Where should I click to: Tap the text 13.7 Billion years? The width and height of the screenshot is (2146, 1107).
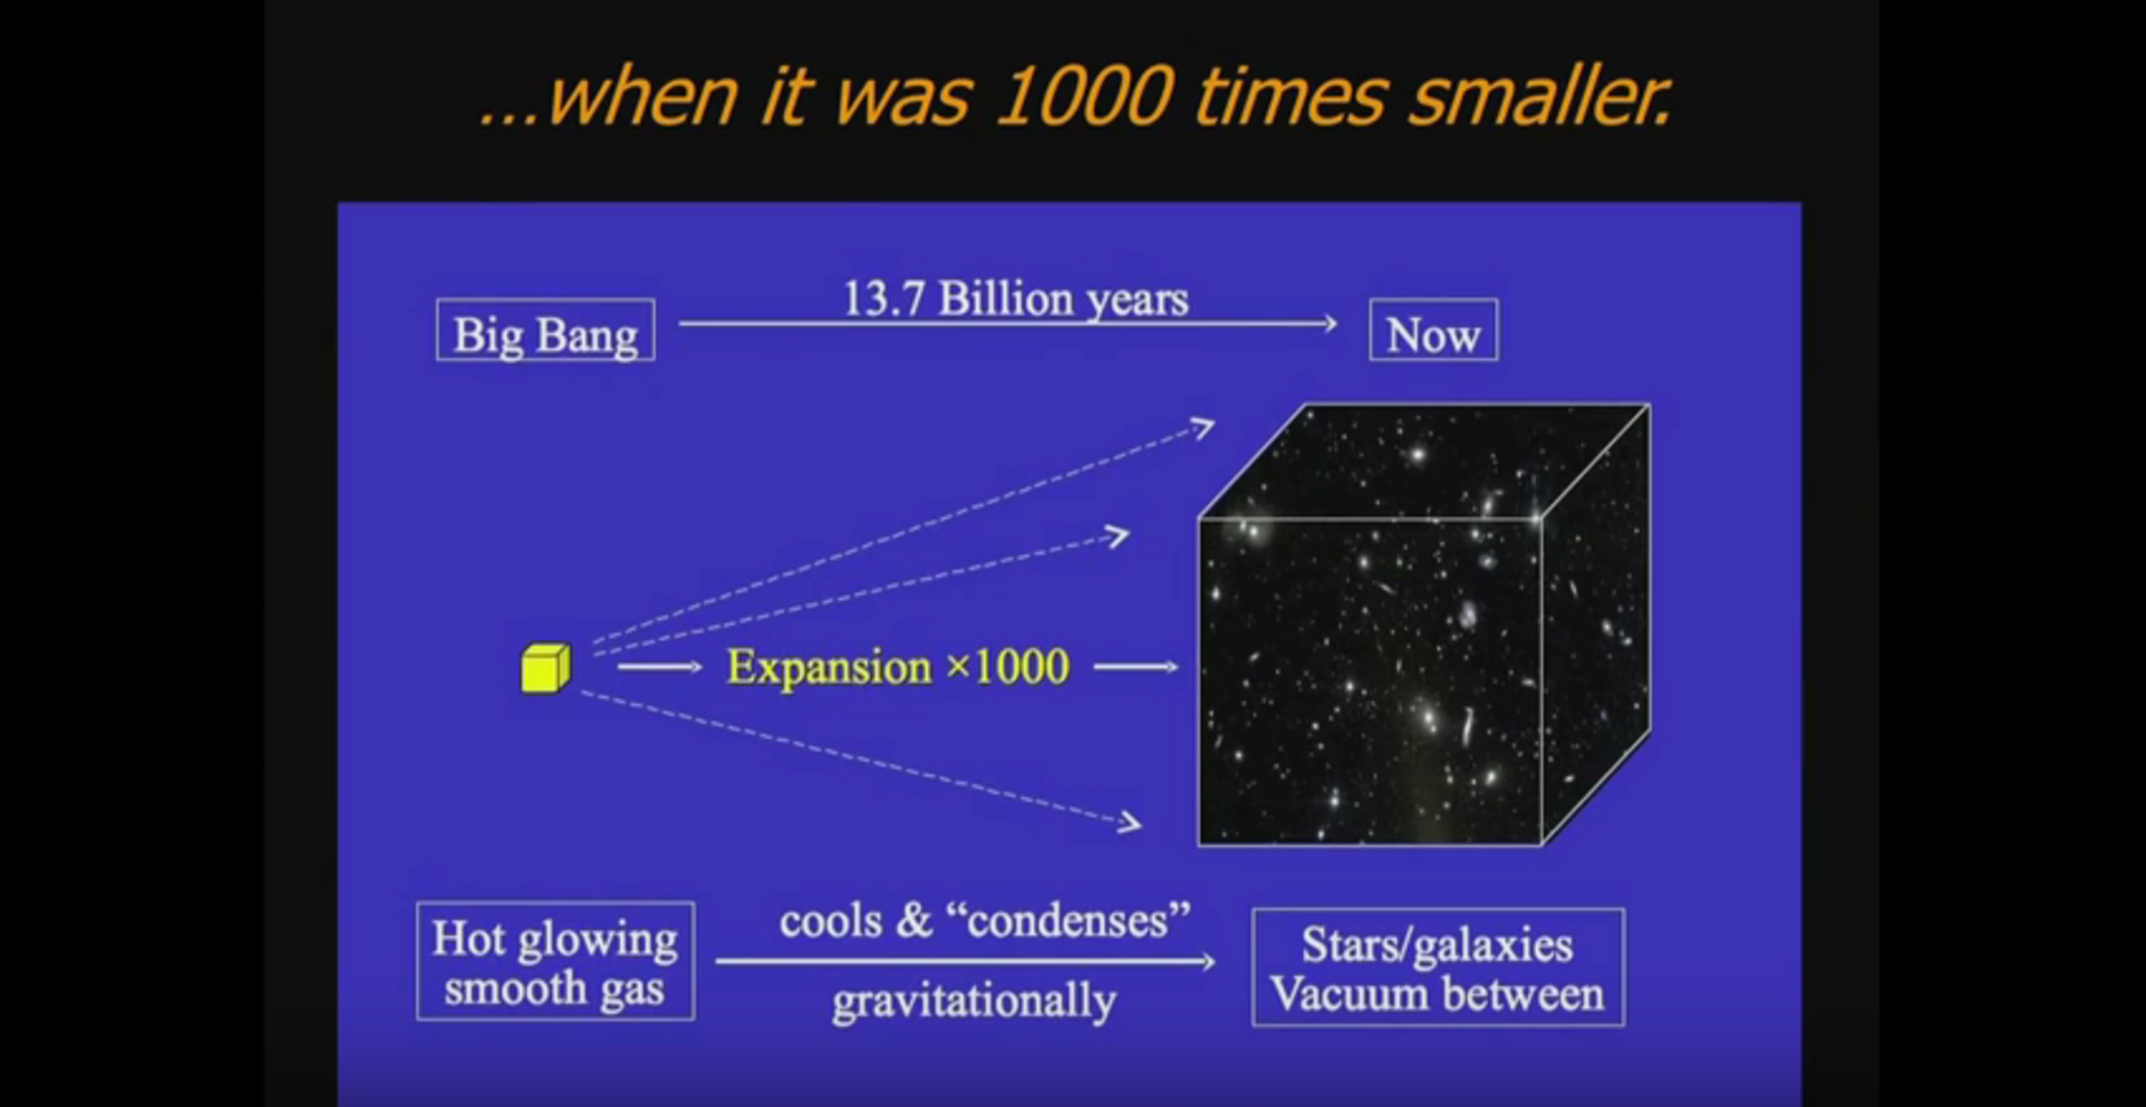(x=1015, y=298)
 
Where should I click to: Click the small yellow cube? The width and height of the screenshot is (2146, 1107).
(x=545, y=668)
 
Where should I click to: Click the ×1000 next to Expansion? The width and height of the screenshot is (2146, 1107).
(x=1008, y=667)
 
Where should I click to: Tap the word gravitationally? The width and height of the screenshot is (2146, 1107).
(x=974, y=1002)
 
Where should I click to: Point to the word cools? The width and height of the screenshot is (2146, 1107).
(x=831, y=921)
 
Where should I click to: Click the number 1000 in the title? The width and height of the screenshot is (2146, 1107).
(x=1084, y=98)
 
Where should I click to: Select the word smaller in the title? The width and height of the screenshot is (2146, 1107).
(x=1540, y=98)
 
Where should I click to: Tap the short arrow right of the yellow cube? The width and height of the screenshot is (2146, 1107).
(x=660, y=667)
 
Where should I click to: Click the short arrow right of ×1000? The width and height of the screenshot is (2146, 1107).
(x=1136, y=667)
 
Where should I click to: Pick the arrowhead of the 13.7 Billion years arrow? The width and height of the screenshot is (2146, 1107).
(x=1329, y=323)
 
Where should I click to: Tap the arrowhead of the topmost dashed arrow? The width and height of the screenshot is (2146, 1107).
(x=1204, y=426)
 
